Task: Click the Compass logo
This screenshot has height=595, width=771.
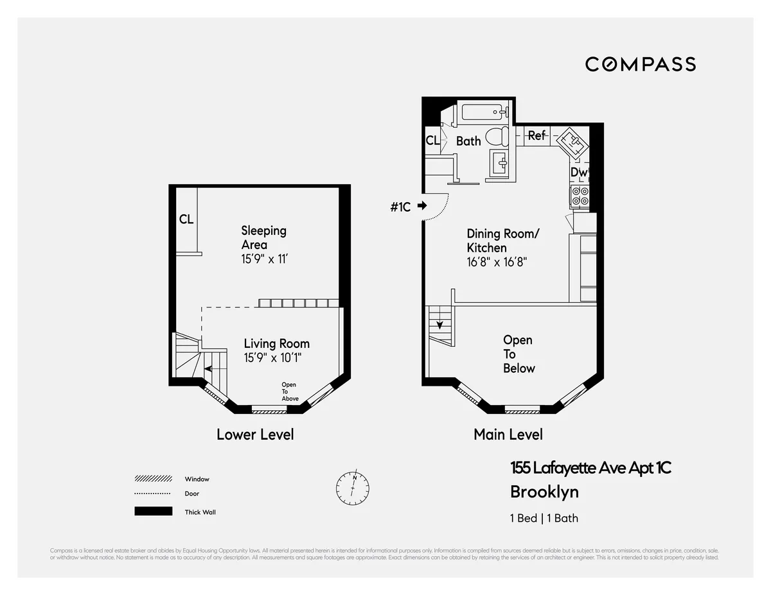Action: [x=640, y=64]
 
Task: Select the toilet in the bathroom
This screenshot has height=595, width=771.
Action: [x=495, y=136]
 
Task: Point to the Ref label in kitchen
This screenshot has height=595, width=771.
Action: [x=536, y=135]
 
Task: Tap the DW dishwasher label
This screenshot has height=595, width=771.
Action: [x=579, y=172]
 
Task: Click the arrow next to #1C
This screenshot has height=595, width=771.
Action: [x=422, y=206]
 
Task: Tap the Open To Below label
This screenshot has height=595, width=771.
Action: [x=518, y=354]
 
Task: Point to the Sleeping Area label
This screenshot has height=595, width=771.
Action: [x=263, y=237]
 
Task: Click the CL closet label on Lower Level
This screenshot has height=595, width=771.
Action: [x=186, y=220]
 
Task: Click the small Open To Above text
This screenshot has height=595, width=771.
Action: [x=290, y=392]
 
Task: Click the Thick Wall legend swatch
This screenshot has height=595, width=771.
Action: [x=153, y=512]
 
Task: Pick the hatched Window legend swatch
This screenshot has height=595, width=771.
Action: [x=153, y=479]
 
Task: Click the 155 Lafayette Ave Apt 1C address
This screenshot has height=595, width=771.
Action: [x=590, y=469]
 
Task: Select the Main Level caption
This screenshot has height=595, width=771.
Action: [x=508, y=435]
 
